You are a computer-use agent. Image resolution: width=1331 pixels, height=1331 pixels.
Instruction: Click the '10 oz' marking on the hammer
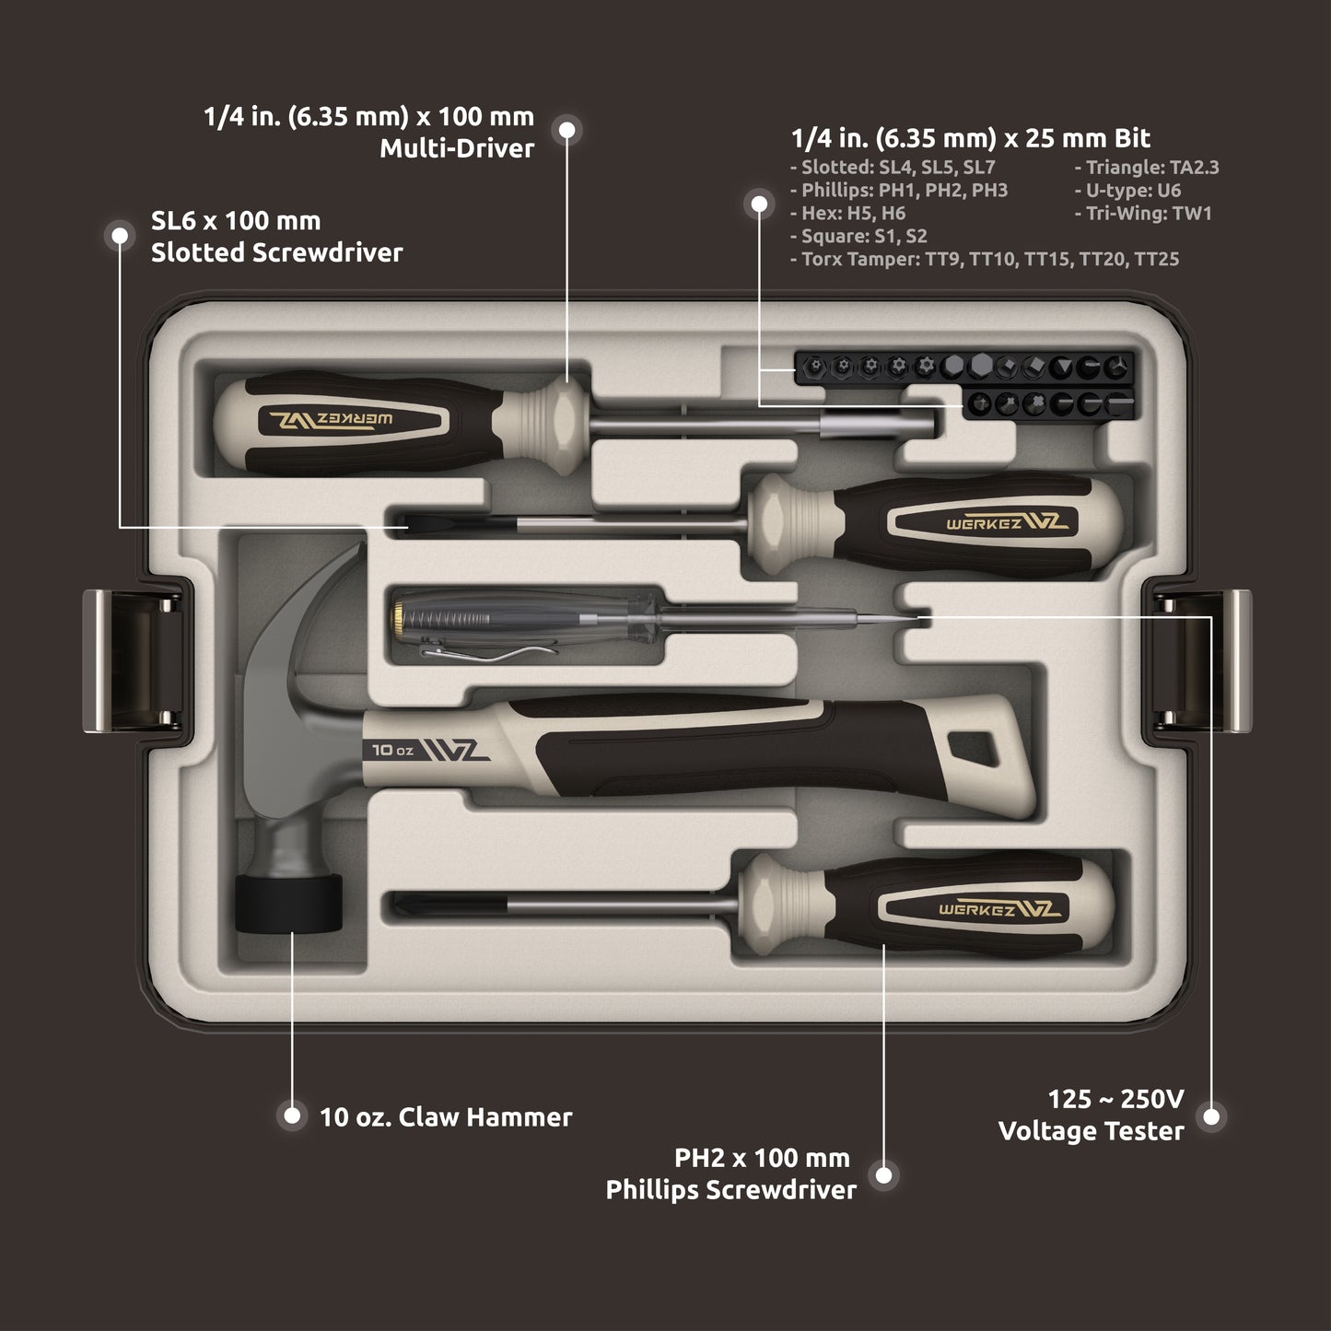click(x=392, y=750)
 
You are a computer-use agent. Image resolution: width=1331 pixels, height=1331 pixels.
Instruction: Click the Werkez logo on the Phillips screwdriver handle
click(x=999, y=909)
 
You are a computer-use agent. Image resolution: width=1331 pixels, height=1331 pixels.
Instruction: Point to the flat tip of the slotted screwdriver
click(x=405, y=522)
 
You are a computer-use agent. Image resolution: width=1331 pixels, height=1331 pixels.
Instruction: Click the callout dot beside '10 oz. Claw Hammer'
click(x=292, y=1116)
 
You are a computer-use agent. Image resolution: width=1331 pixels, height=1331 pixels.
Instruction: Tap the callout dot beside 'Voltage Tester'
click(x=1211, y=1116)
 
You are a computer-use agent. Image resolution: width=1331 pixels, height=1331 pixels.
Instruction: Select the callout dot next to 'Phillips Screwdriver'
click(x=884, y=1175)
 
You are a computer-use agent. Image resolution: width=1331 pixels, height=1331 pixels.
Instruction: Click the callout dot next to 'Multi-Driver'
click(x=567, y=131)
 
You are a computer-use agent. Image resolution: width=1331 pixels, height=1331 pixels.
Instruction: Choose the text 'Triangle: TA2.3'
click(x=1146, y=168)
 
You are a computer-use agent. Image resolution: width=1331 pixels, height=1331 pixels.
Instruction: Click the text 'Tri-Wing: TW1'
click(x=1142, y=214)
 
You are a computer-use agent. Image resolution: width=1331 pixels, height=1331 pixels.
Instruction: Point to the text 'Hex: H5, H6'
click(x=847, y=214)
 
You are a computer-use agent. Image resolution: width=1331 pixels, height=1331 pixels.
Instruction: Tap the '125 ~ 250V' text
click(x=1115, y=1099)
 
